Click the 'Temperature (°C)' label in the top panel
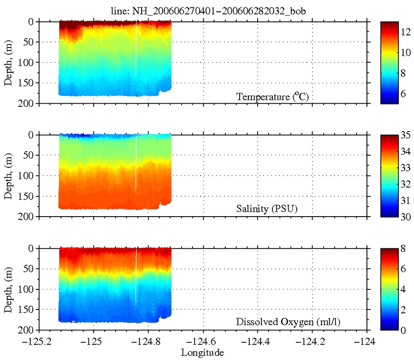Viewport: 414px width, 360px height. click(272, 97)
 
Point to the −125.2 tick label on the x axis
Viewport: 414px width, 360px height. click(39, 341)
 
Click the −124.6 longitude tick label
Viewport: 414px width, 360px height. click(204, 341)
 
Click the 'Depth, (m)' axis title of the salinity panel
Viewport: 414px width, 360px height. click(9, 176)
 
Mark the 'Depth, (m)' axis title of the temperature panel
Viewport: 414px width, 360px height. click(9, 62)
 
